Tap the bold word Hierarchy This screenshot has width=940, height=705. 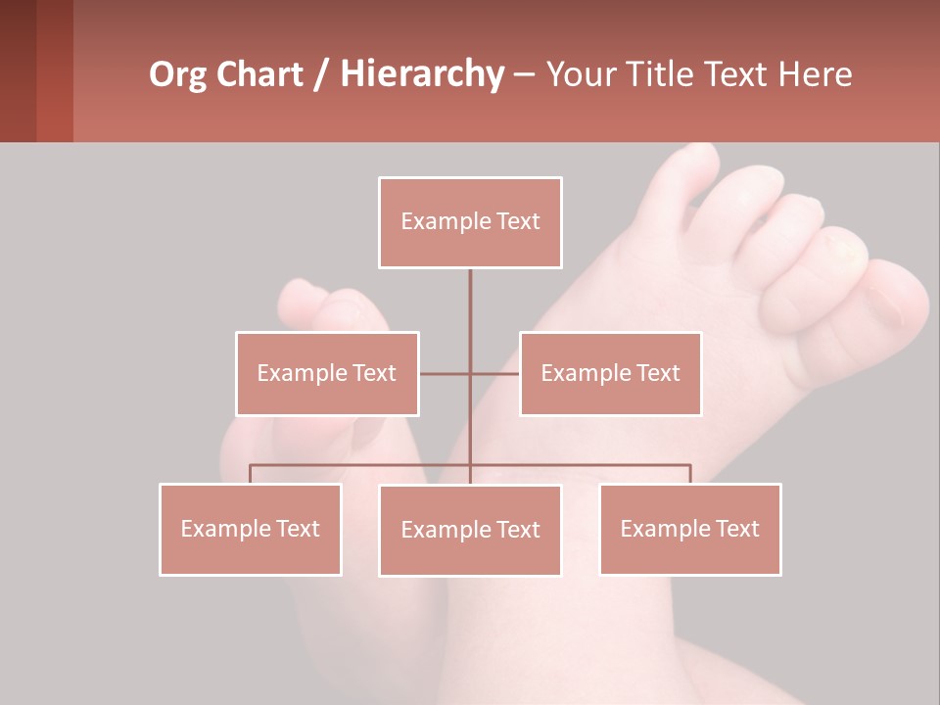click(x=422, y=74)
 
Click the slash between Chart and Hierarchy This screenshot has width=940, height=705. click(x=320, y=74)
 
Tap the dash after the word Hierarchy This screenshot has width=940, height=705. click(x=524, y=74)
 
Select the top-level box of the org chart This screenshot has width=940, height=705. click(x=470, y=222)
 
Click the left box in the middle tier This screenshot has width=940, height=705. click(x=327, y=373)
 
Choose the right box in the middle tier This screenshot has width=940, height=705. click(x=610, y=373)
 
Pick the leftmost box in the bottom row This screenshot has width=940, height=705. click(x=251, y=529)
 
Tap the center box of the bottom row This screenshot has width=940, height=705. click(x=470, y=530)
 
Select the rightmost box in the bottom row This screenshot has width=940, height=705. click(x=690, y=529)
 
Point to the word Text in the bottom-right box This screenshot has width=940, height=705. click(x=736, y=529)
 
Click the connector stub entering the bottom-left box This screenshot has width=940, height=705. click(x=251, y=474)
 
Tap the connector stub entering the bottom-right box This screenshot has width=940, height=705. click(x=690, y=474)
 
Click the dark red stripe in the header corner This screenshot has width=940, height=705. click(x=55, y=70)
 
